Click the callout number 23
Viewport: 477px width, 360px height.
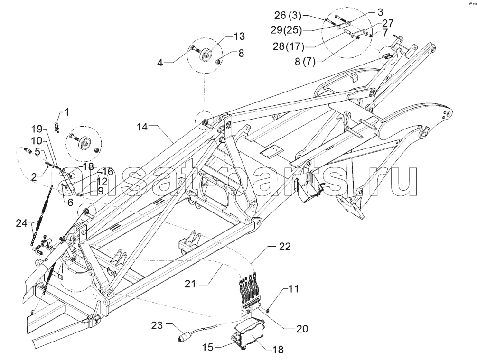click(157, 325)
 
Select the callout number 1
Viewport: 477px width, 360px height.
click(67, 112)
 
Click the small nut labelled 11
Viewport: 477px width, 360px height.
click(267, 311)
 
